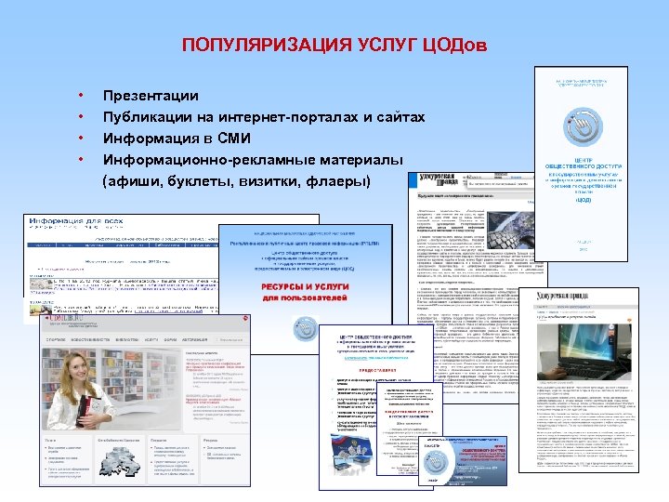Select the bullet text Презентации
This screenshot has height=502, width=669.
pyautogui.click(x=151, y=96)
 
